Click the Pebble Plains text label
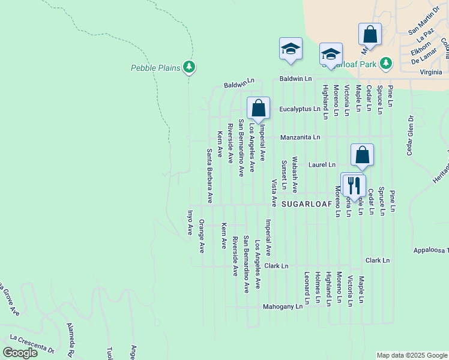click(x=155, y=68)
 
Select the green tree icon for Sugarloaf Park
click(x=386, y=63)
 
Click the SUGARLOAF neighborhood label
click(x=306, y=204)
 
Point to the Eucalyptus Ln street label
click(x=300, y=109)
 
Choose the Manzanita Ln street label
click(x=300, y=137)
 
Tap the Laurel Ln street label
click(x=322, y=164)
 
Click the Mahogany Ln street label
click(x=283, y=307)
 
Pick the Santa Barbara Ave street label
click(x=209, y=175)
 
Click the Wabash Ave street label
click(x=295, y=175)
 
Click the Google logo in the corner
click(x=20, y=353)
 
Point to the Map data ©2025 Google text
click(x=411, y=355)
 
